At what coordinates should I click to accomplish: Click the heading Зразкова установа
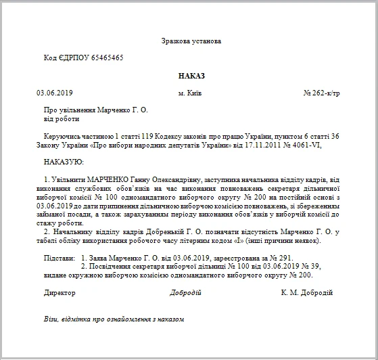coord(191,41)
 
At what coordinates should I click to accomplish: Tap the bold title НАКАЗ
coord(191,76)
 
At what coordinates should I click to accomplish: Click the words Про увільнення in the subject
coord(66,110)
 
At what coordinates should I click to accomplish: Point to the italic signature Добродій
coord(185,292)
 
